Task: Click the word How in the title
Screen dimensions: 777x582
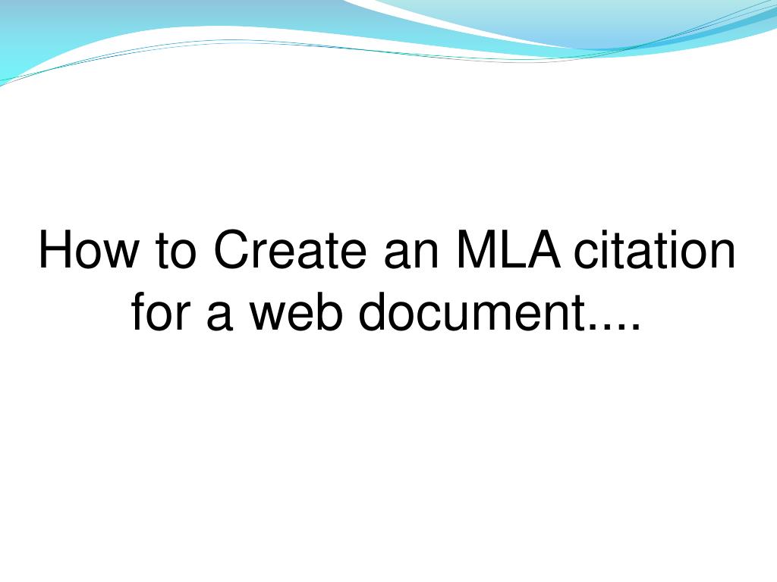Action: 89,249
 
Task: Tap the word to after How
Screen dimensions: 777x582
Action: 176,250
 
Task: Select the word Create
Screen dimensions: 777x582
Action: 290,249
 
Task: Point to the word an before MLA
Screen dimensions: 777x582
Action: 411,255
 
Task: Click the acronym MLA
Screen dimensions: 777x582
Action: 508,249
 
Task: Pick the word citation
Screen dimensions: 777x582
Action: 654,249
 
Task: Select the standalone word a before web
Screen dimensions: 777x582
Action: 219,316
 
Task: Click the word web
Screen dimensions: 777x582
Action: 296,311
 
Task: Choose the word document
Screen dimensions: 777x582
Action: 472,311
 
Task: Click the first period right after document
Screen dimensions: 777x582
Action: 593,327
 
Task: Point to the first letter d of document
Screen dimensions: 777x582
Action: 372,311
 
